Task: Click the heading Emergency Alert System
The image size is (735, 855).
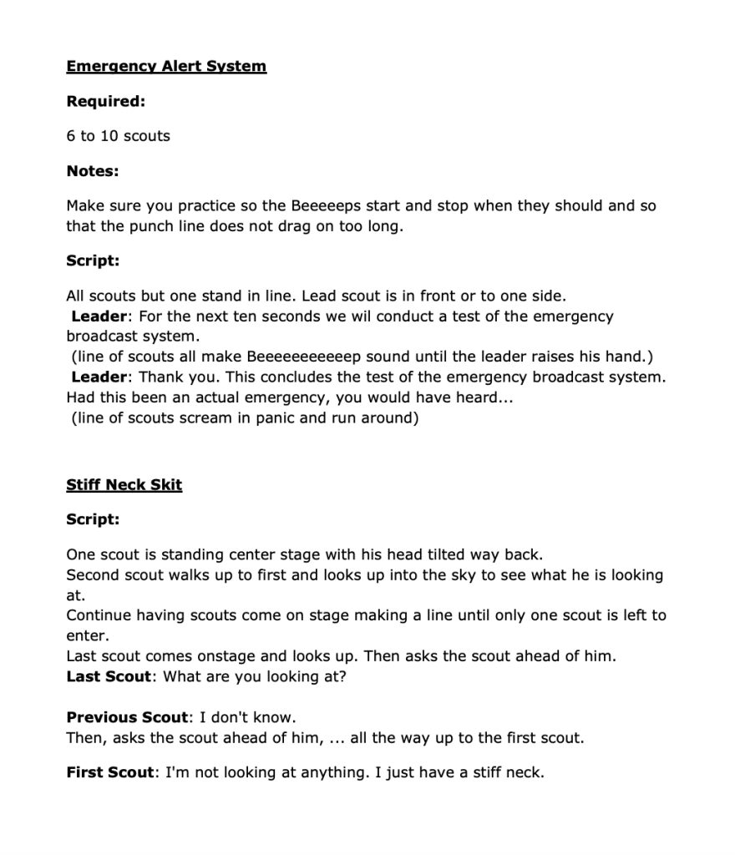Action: click(166, 66)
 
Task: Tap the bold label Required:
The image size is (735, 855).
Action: click(106, 101)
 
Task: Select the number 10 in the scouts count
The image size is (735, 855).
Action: click(110, 135)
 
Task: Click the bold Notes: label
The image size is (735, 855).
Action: click(93, 170)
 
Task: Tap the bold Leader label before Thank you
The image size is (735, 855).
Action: click(99, 377)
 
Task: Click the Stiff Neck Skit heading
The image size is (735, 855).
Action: click(124, 484)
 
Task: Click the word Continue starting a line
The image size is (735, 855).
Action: click(96, 615)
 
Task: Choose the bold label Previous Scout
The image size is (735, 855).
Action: click(128, 717)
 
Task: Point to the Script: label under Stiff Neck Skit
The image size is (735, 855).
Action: click(93, 519)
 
